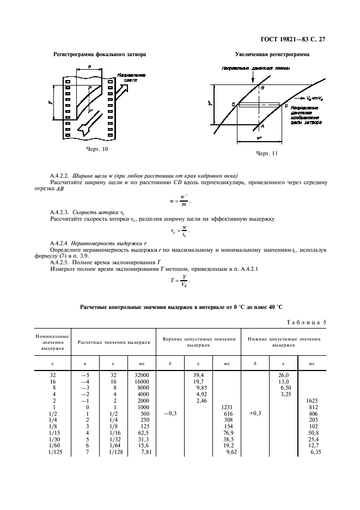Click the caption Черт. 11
click(267, 153)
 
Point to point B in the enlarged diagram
click(263, 87)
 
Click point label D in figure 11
click(286, 105)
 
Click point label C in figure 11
click(233, 104)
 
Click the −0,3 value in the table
click(170, 414)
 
